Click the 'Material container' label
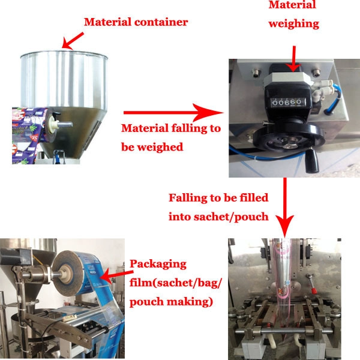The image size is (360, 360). coord(136,22)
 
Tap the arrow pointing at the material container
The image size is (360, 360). coord(73,41)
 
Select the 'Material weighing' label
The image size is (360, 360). coord(293,14)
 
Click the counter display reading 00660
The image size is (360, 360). coord(289,102)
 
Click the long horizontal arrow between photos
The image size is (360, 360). coord(173,113)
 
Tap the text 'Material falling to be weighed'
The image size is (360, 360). coord(171,137)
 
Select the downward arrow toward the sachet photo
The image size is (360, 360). coord(284,208)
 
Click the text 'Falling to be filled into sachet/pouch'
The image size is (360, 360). coord(218,207)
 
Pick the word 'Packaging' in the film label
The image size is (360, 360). coord(158,264)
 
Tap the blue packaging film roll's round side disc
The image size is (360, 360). coord(67,273)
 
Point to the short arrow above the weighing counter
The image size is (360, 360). coord(293,59)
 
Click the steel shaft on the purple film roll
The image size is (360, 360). coord(65,125)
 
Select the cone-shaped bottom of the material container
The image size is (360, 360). coord(76,131)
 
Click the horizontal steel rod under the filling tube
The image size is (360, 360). coord(284,331)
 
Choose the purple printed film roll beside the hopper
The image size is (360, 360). coord(30,136)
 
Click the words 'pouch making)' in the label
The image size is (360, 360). coord(171,302)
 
